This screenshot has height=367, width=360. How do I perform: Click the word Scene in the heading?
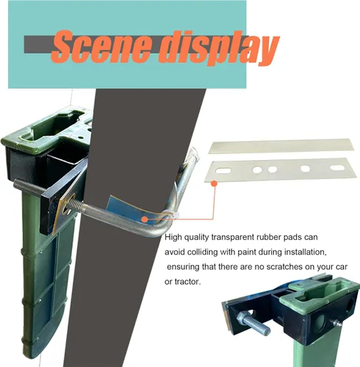pyautogui.click(x=101, y=46)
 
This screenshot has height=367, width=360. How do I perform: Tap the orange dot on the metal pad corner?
pyautogui.click(x=215, y=183)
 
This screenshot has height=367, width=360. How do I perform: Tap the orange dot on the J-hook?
pyautogui.click(x=145, y=219)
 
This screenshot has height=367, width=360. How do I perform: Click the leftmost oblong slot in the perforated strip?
pyautogui.click(x=223, y=170)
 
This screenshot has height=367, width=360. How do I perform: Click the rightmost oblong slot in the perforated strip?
pyautogui.click(x=337, y=167)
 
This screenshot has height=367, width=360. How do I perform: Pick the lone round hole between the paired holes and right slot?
pyautogui.click(x=306, y=168)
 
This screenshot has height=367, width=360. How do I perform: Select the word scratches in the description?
pyautogui.click(x=284, y=266)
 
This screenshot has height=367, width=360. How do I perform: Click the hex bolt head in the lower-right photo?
pyautogui.click(x=242, y=319)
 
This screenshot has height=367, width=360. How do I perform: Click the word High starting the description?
pyautogui.click(x=173, y=237)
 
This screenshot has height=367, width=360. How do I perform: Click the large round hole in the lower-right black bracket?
pyautogui.click(x=320, y=324)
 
